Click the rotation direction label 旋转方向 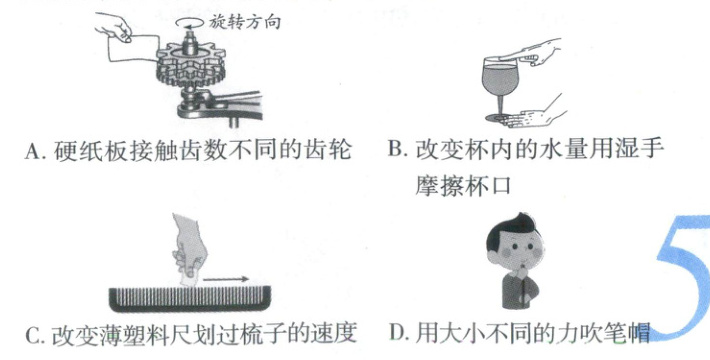(x=245, y=21)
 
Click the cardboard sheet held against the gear (x=133, y=49)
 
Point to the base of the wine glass (x=498, y=119)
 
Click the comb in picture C (x=190, y=298)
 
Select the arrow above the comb (x=225, y=279)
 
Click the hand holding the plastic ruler (x=189, y=248)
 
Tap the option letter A (x=33, y=151)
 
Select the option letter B (x=395, y=149)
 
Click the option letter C (x=33, y=336)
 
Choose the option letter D (x=396, y=333)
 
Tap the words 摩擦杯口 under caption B (x=463, y=185)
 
